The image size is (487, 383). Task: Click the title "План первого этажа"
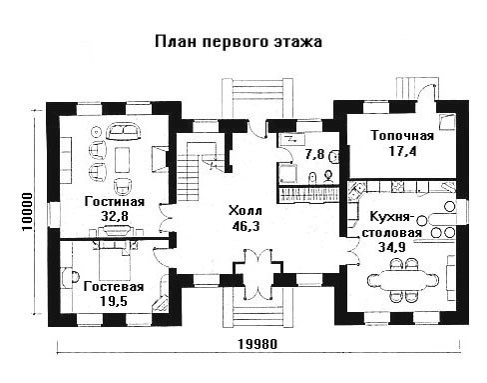[x=239, y=43]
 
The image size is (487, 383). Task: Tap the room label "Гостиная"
[x=115, y=202]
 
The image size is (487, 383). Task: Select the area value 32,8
[x=115, y=216]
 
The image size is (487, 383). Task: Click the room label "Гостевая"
[x=114, y=287]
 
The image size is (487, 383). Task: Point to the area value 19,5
[x=114, y=301]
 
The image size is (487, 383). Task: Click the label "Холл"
[x=245, y=211]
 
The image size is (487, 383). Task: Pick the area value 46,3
[x=245, y=226]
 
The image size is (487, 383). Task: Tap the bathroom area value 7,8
[x=314, y=154]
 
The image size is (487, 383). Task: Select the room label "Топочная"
[x=402, y=136]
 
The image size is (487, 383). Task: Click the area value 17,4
[x=402, y=151]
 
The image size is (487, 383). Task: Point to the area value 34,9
[x=392, y=247]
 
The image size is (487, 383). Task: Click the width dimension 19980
[x=257, y=344]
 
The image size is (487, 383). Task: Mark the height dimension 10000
[x=27, y=211]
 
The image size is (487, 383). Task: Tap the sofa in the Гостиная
[x=124, y=131]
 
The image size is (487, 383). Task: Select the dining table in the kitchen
[x=402, y=281]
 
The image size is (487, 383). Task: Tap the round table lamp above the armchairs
[x=96, y=132]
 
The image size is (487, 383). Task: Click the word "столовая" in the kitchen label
[x=392, y=232]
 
